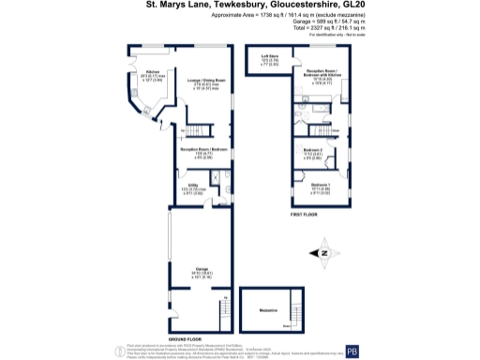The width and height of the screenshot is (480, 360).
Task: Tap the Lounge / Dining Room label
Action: (x=206, y=81)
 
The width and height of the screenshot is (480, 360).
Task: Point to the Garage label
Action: (x=200, y=269)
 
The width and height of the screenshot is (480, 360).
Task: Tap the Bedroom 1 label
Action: (x=321, y=186)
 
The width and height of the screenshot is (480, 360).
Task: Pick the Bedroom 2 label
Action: (x=313, y=150)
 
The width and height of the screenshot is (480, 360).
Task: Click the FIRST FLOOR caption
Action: (x=301, y=215)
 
